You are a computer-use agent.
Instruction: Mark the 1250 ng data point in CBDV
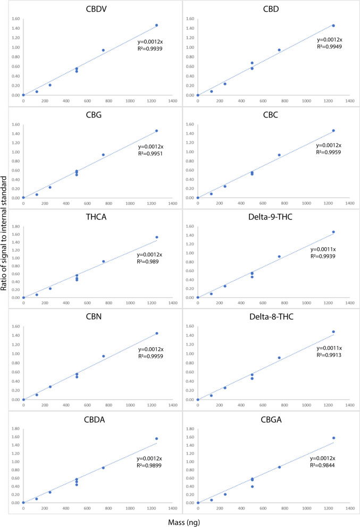click(156, 25)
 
